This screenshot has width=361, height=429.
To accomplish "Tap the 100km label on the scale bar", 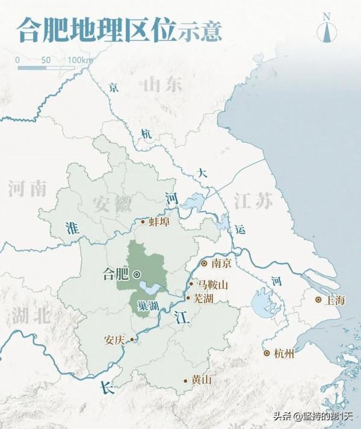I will (81, 60).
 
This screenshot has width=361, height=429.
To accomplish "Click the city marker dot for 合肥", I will (137, 274).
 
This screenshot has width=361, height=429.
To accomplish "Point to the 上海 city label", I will (335, 300).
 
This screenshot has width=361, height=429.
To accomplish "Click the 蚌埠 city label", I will (159, 221).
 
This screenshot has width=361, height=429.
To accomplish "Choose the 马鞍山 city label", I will (213, 285).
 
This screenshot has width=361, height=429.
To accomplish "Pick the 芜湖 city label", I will (203, 298).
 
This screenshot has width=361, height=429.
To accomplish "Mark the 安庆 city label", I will (114, 339).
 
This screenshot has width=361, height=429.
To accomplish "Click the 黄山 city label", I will (201, 380).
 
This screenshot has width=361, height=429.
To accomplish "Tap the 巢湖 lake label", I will (147, 306).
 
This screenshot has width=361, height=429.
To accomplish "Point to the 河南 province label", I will (27, 189).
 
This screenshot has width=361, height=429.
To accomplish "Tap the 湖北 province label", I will (30, 315).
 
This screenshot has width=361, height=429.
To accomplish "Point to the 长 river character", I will (107, 388).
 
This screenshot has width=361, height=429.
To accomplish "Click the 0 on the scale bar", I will (17, 60).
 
